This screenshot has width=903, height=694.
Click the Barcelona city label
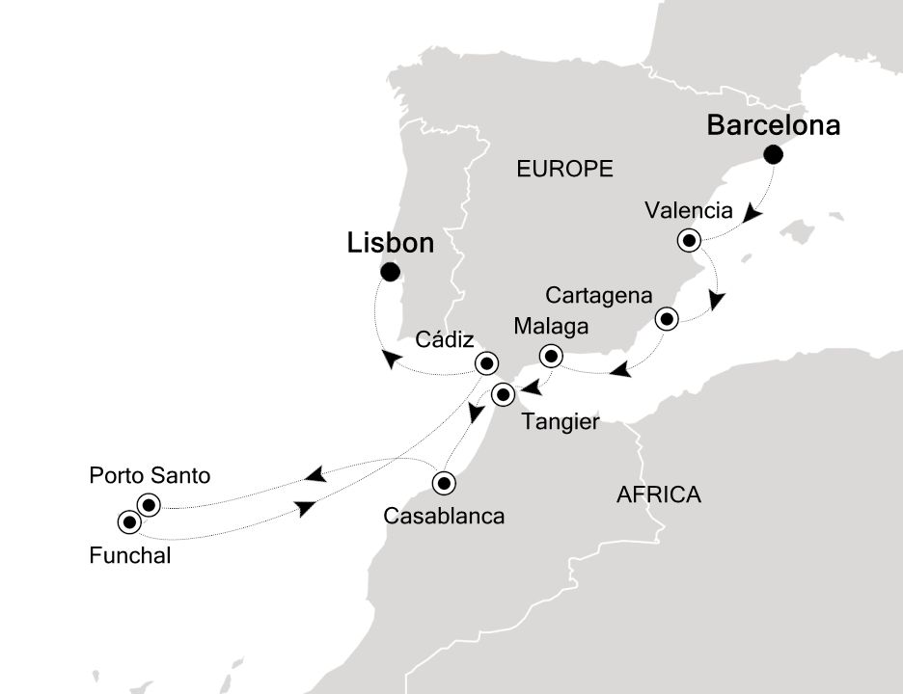pyautogui.click(x=774, y=125)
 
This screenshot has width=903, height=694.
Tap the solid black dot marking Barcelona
pyautogui.click(x=773, y=155)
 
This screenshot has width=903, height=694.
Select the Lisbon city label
pyautogui.click(x=390, y=244)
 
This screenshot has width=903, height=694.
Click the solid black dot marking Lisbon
pyautogui.click(x=390, y=273)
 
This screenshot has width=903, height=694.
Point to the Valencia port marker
pyautogui.click(x=689, y=241)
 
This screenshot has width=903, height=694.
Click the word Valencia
pyautogui.click(x=689, y=210)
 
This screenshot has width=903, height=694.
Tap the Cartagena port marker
pyautogui.click(x=666, y=319)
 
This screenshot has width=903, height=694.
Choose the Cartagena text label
pyautogui.click(x=599, y=294)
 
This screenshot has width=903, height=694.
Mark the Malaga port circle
pyautogui.click(x=551, y=356)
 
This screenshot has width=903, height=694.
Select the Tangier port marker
pyautogui.click(x=503, y=394)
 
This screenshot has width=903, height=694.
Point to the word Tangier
pyautogui.click(x=560, y=422)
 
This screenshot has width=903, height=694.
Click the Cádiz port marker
pyautogui.click(x=487, y=363)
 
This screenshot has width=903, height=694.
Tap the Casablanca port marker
pyautogui.click(x=444, y=483)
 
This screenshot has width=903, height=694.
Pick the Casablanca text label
pyautogui.click(x=444, y=516)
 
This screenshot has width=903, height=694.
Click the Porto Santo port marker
pyautogui.click(x=148, y=504)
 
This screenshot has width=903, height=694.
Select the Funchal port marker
pyautogui.click(x=128, y=522)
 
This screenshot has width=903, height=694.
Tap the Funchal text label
pyautogui.click(x=130, y=554)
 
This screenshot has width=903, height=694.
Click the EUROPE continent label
pyautogui.click(x=564, y=170)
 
